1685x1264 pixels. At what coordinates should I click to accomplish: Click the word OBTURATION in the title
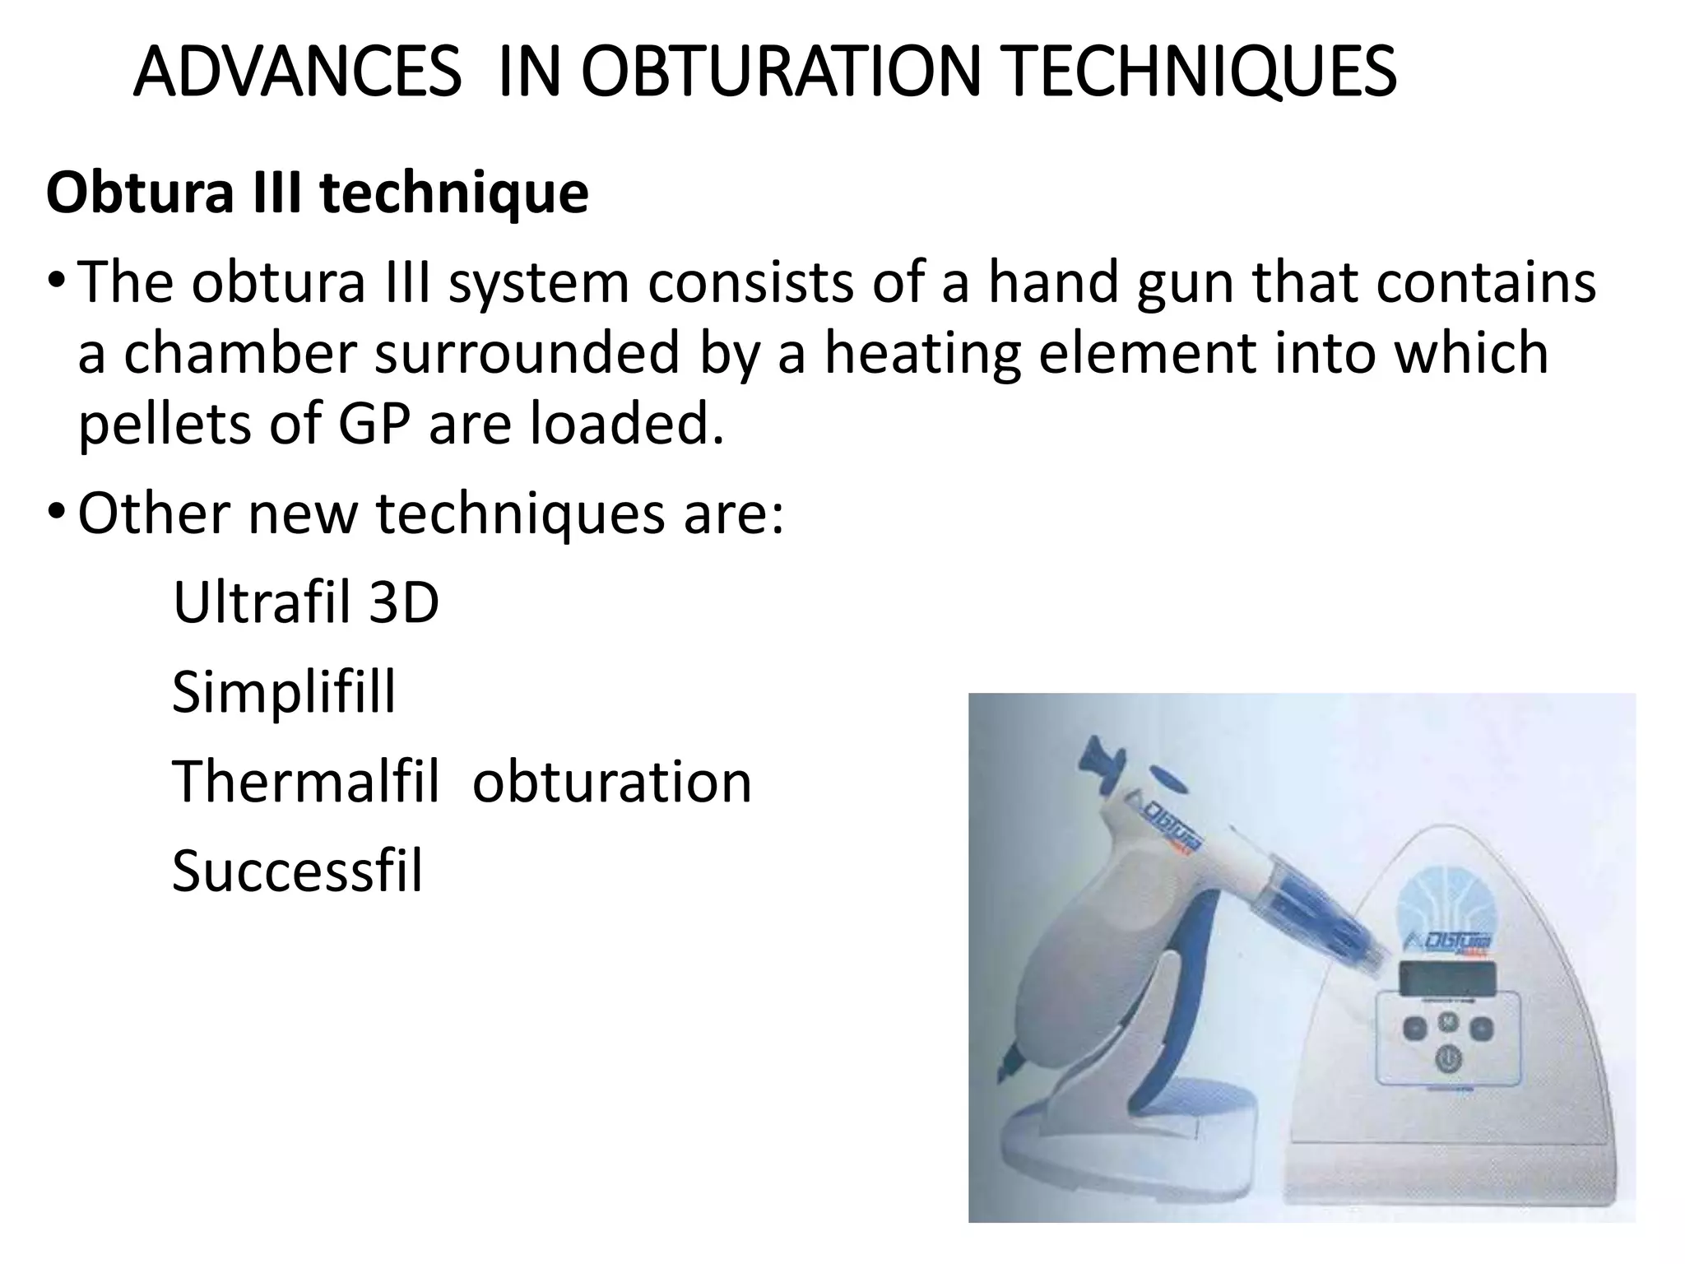(780, 72)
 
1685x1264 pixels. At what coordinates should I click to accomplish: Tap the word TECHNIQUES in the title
(1200, 72)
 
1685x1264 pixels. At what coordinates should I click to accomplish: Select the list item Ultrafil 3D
(305, 603)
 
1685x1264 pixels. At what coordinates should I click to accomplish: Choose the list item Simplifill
(284, 692)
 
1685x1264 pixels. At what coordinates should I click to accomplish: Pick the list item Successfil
(297, 871)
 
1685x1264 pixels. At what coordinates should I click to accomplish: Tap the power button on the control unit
(1447, 1058)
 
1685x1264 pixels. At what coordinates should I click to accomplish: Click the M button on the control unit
(1448, 1021)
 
